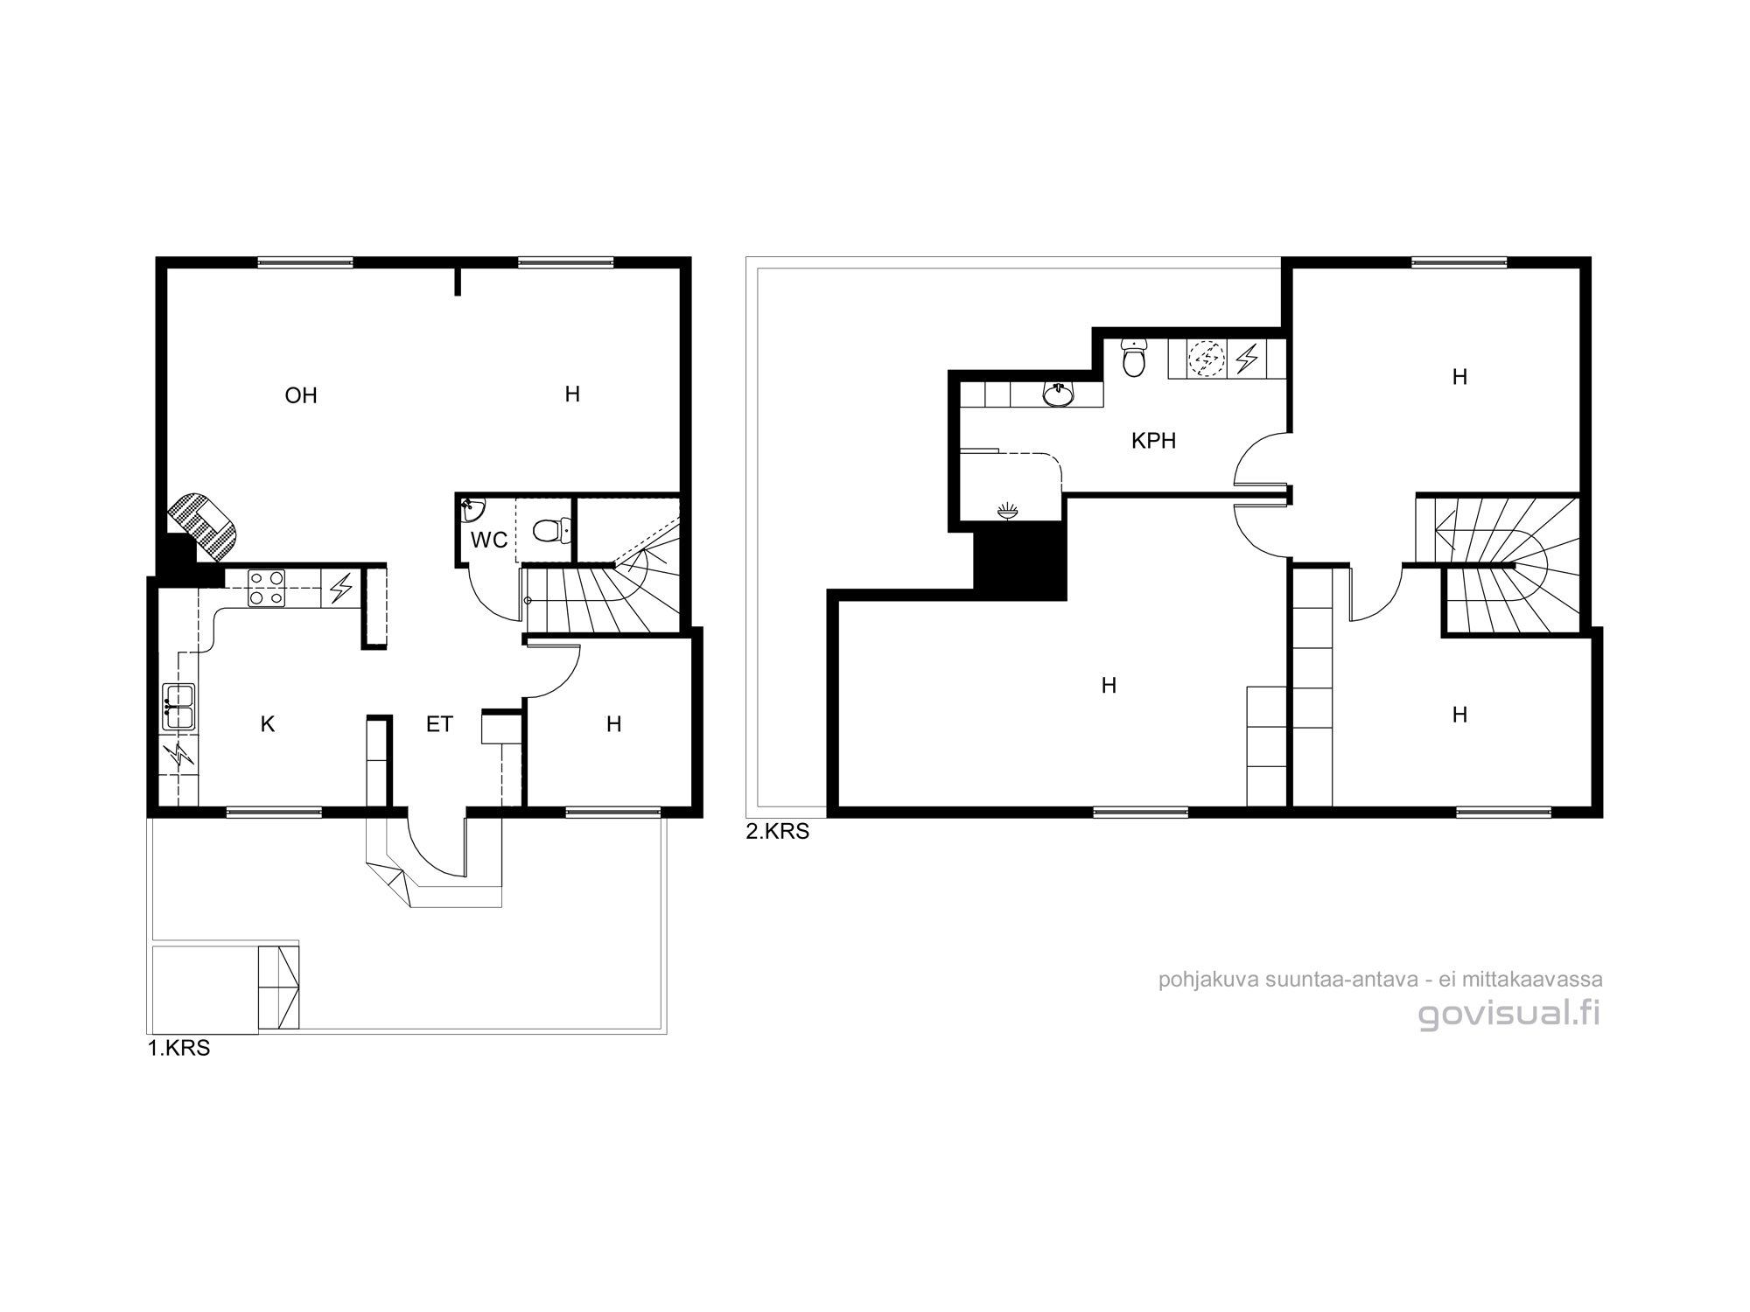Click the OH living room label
point(301,395)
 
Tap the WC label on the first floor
point(489,541)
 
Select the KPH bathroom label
point(1153,441)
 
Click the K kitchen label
point(268,724)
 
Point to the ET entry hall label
point(439,724)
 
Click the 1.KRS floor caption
point(178,1049)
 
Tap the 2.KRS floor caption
point(778,832)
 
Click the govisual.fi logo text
point(1509,1015)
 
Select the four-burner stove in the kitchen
point(266,588)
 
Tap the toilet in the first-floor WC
point(550,529)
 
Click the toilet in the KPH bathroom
point(1134,359)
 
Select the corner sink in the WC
point(470,506)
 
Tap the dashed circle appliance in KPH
point(1207,358)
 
